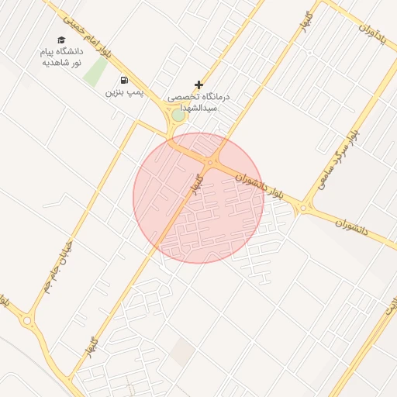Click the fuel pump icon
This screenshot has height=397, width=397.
point(124,80)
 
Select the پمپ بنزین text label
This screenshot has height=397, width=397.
point(124,92)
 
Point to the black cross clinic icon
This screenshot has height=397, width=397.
point(199,85)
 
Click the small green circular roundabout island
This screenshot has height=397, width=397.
point(179,116)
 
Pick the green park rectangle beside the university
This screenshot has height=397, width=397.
point(96,71)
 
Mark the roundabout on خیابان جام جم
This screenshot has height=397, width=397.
point(28,319)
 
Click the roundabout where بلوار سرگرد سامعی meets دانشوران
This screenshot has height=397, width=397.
point(306,208)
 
